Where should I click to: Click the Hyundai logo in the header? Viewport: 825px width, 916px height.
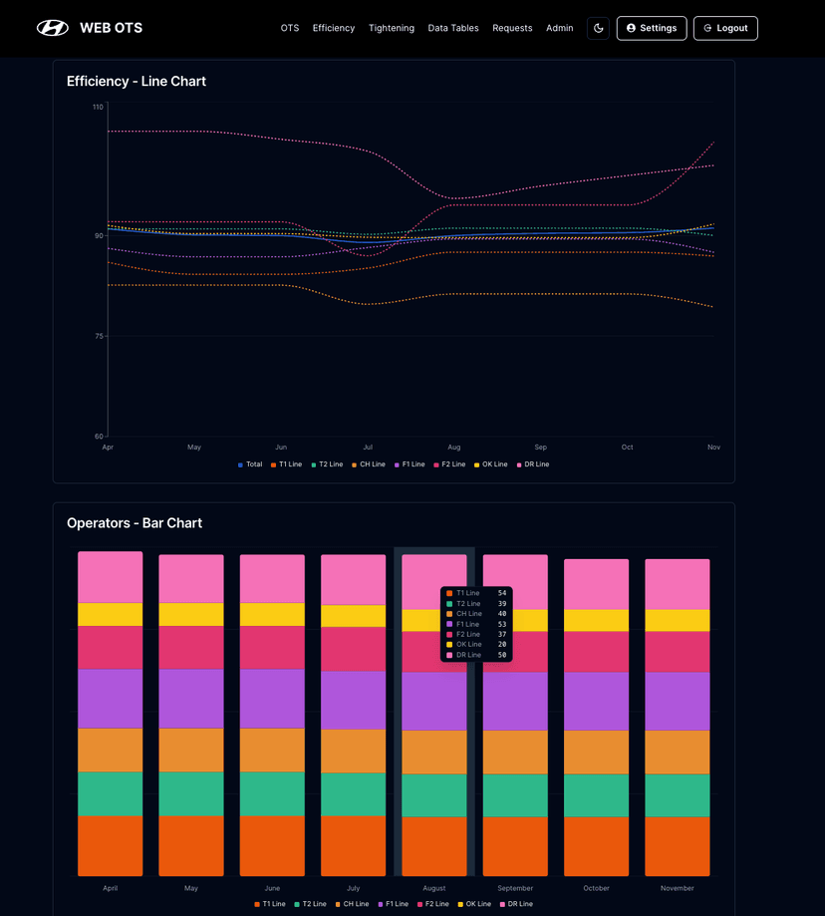pyautogui.click(x=53, y=28)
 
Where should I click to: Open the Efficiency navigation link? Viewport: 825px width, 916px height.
pyautogui.click(x=334, y=28)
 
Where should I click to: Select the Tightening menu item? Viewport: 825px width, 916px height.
pyautogui.click(x=392, y=28)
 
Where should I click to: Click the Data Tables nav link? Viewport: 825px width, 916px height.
pyautogui.click(x=453, y=28)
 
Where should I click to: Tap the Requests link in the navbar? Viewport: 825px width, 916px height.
pyautogui.click(x=512, y=28)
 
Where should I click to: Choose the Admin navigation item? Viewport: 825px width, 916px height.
pyautogui.click(x=559, y=28)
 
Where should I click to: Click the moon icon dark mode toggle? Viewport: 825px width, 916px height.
pyautogui.click(x=598, y=28)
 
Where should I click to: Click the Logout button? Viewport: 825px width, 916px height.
pyautogui.click(x=725, y=28)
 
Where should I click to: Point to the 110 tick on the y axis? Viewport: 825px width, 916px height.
pyautogui.click(x=98, y=107)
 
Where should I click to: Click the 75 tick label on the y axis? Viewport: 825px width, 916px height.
pyautogui.click(x=98, y=336)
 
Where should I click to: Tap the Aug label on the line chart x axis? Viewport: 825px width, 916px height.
pyautogui.click(x=454, y=448)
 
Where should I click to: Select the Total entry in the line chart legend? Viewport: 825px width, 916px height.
pyautogui.click(x=250, y=464)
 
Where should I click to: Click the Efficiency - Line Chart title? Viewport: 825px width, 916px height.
pyautogui.click(x=137, y=81)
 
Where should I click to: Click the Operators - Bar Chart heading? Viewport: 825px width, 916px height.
pyautogui.click(x=135, y=522)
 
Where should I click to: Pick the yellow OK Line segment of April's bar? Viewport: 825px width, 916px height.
pyautogui.click(x=111, y=614)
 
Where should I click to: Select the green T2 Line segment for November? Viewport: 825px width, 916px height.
pyautogui.click(x=678, y=795)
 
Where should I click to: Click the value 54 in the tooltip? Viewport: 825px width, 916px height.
pyautogui.click(x=502, y=593)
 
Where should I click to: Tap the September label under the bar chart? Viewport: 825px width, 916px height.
pyautogui.click(x=515, y=888)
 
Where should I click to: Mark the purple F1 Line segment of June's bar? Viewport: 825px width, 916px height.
pyautogui.click(x=272, y=698)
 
